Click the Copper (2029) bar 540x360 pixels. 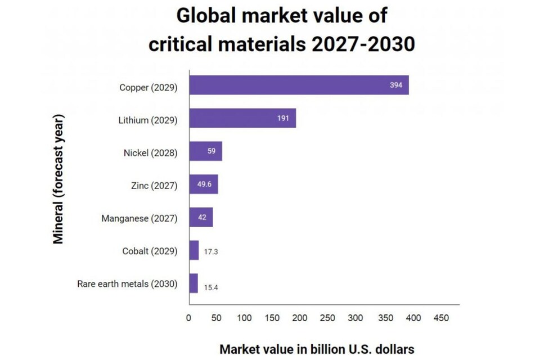pyautogui.click(x=299, y=85)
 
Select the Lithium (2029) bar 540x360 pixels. pyautogui.click(x=242, y=118)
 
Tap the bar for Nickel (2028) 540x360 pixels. pyautogui.click(x=205, y=151)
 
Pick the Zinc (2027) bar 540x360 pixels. pyautogui.click(x=203, y=184)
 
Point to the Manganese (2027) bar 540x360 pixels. pyautogui.click(x=201, y=217)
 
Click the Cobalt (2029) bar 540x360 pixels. pyautogui.click(x=194, y=250)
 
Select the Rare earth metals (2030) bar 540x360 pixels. pyautogui.click(x=193, y=283)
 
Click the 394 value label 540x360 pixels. pyautogui.click(x=396, y=85)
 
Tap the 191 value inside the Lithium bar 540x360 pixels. pyautogui.click(x=283, y=118)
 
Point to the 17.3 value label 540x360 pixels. pyautogui.click(x=211, y=251)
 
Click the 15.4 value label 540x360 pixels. pyautogui.click(x=211, y=287)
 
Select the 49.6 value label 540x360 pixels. pyautogui.click(x=203, y=184)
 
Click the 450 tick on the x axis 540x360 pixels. pyautogui.click(x=442, y=318)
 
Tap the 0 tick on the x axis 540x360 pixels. pyautogui.click(x=189, y=318)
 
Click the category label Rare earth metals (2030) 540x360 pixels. pyautogui.click(x=127, y=283)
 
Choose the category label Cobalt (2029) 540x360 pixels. pyautogui.click(x=150, y=251)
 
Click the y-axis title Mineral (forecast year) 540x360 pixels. pyautogui.click(x=58, y=179)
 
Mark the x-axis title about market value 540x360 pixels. pyautogui.click(x=317, y=349)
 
